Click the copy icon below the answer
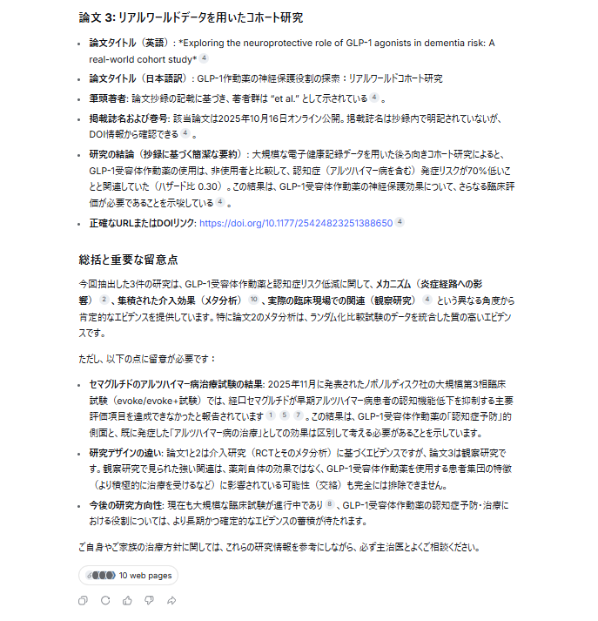(x=83, y=600)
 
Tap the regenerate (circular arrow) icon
(x=105, y=600)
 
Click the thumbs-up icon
(x=127, y=600)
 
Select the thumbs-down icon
(x=149, y=600)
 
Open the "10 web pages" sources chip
(x=128, y=576)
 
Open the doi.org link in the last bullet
(x=296, y=223)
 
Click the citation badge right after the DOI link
(x=400, y=222)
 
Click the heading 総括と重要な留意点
(x=128, y=259)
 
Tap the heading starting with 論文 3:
(x=191, y=17)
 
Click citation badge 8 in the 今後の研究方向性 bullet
(x=331, y=504)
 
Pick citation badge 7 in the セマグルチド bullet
(x=298, y=415)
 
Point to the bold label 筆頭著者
(x=109, y=98)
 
